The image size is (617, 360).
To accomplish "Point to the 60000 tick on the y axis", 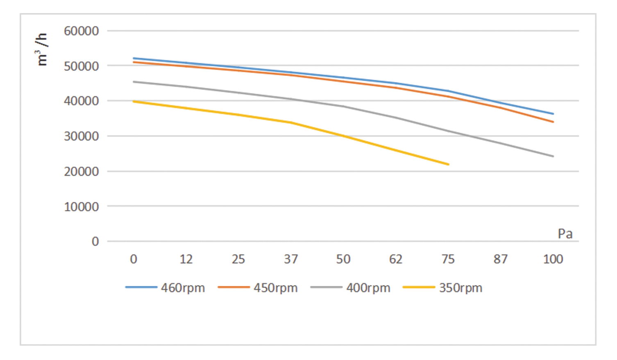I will [x=81, y=31].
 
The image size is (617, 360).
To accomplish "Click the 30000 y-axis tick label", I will [x=81, y=136].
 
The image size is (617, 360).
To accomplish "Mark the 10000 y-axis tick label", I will [x=81, y=207].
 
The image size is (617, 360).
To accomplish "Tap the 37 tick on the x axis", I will [x=291, y=259].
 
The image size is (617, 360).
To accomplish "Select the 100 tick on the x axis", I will [x=553, y=259].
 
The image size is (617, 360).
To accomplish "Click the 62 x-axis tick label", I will [x=396, y=259].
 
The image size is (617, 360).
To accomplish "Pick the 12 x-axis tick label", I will [x=186, y=259].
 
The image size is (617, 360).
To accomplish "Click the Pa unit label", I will [x=565, y=234].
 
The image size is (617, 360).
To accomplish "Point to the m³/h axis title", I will [x=42, y=49].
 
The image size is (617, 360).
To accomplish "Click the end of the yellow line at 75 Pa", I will [x=449, y=164].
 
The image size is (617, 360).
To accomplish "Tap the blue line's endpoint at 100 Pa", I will [x=553, y=114].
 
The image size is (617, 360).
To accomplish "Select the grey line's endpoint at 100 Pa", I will [x=553, y=156].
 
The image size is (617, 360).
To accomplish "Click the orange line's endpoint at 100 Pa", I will [x=553, y=122].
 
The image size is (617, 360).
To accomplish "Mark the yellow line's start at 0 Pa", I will [x=134, y=101].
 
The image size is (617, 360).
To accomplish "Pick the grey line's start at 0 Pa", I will [x=134, y=82].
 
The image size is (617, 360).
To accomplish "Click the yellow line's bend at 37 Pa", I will [x=291, y=122].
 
